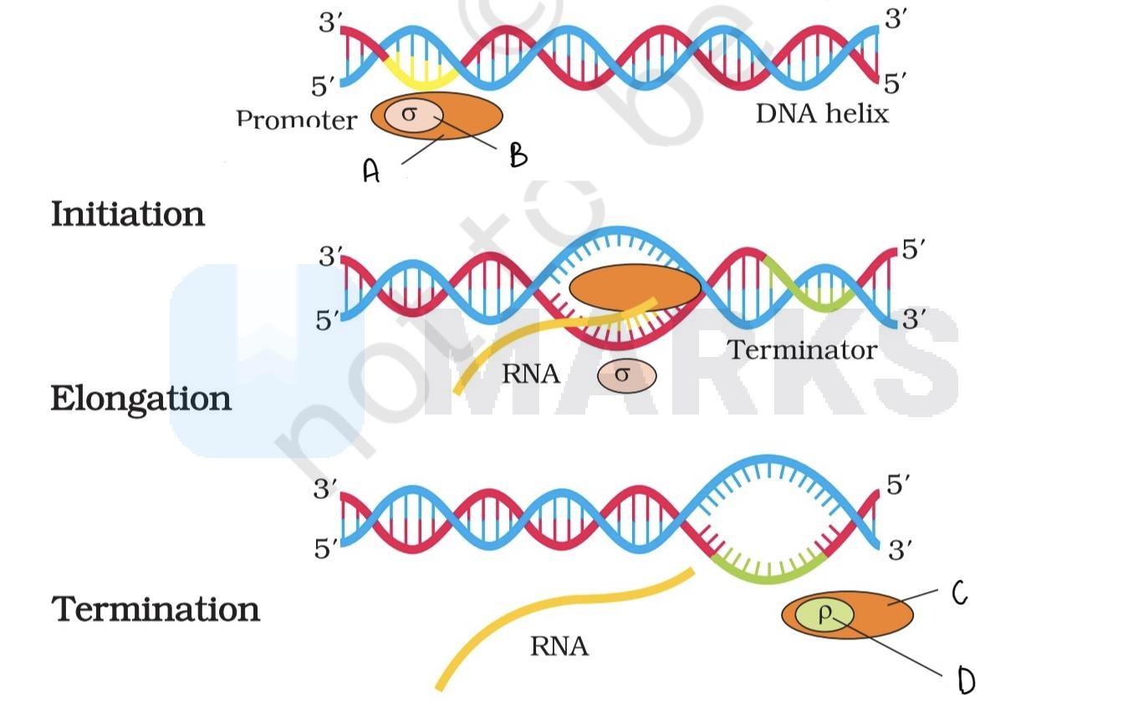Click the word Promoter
(x=296, y=120)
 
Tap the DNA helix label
(x=822, y=113)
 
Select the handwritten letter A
(x=371, y=171)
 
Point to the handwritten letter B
(x=518, y=155)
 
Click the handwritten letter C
(x=959, y=593)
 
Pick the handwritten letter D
(x=966, y=682)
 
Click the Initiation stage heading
(x=128, y=214)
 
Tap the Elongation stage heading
(x=140, y=399)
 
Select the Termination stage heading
(x=156, y=608)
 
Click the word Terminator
(x=802, y=349)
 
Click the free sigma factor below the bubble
(x=626, y=375)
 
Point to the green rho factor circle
(x=824, y=615)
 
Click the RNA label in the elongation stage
(x=530, y=374)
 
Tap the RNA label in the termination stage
(x=559, y=646)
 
